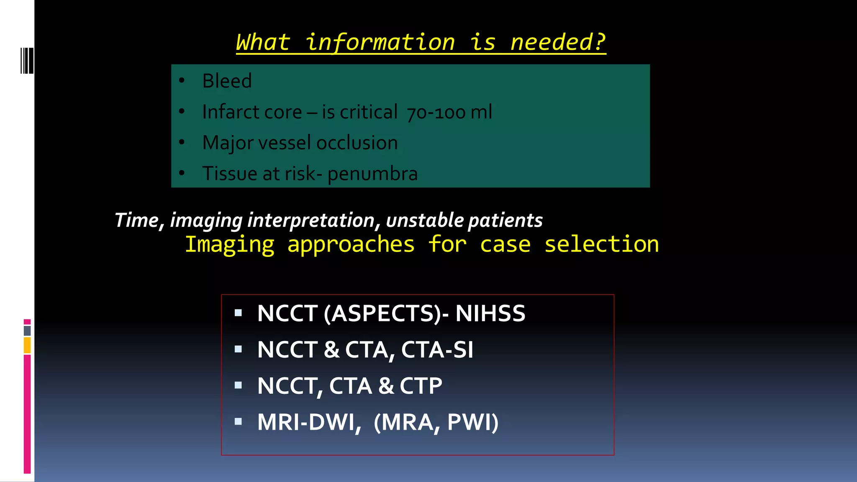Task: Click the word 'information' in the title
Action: [x=380, y=43]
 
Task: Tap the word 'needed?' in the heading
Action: [x=558, y=43]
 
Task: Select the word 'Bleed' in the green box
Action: [x=227, y=81]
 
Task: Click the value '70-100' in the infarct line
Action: [x=436, y=113]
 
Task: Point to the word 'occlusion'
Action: [x=357, y=143]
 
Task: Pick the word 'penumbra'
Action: [x=372, y=174]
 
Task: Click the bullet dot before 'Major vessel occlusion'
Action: [x=182, y=142]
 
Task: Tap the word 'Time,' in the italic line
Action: [x=139, y=220]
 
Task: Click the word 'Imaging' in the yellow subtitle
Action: [x=230, y=244]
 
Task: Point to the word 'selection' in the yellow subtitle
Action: [x=601, y=244]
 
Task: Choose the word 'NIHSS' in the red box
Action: [x=490, y=313]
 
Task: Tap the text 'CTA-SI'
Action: [x=437, y=350]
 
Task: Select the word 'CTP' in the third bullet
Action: [x=421, y=386]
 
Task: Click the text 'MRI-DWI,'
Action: [x=309, y=422]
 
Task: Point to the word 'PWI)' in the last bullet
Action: [x=473, y=422]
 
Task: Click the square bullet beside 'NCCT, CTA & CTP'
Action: [x=239, y=385]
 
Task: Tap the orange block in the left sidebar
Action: [x=27, y=346]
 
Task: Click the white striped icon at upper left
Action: [x=27, y=61]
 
